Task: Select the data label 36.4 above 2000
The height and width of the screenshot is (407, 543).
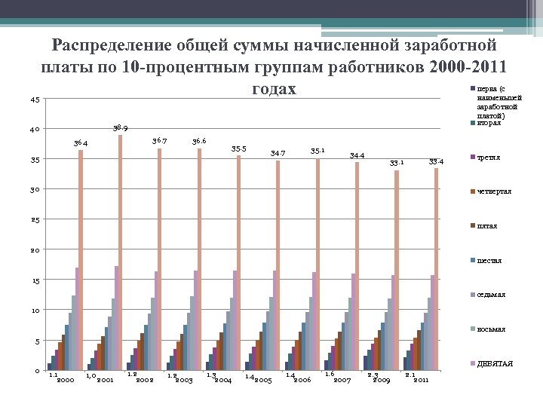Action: pyautogui.click(x=81, y=143)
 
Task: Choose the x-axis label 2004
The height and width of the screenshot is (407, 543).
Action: pyautogui.click(x=222, y=380)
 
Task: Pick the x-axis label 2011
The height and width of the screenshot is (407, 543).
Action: pyautogui.click(x=420, y=380)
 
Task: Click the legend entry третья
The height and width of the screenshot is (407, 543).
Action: pyautogui.click(x=489, y=158)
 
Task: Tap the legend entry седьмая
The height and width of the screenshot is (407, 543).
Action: pyautogui.click(x=492, y=294)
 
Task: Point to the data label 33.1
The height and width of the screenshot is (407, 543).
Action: pyautogui.click(x=396, y=162)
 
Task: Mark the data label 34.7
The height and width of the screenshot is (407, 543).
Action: pyautogui.click(x=278, y=154)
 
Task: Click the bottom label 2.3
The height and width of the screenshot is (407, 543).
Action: pyautogui.click(x=373, y=375)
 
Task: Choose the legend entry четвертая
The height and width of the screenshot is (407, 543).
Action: pyautogui.click(x=494, y=191)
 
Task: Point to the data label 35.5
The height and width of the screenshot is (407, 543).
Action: pyautogui.click(x=238, y=148)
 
